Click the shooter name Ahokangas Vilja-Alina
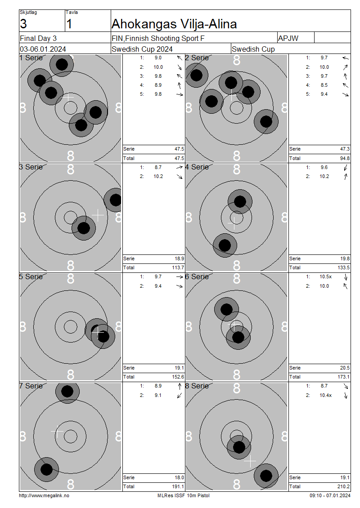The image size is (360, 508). (x=174, y=24)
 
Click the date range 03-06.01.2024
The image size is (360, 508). (x=43, y=49)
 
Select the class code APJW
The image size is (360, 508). (x=288, y=38)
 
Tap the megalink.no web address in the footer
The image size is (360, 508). (x=44, y=496)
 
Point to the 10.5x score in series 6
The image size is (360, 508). (x=326, y=277)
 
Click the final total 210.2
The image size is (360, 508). (x=343, y=486)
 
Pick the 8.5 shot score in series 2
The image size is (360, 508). (x=324, y=85)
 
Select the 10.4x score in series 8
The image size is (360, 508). (x=326, y=395)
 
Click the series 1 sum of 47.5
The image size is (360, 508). (x=180, y=149)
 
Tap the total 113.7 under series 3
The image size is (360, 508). (x=178, y=267)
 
